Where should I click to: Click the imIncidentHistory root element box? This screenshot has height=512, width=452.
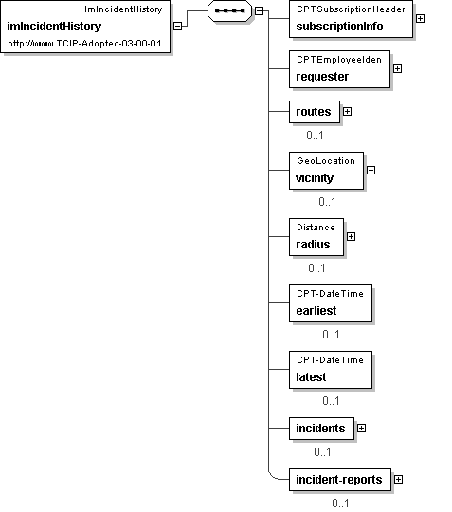(x=85, y=27)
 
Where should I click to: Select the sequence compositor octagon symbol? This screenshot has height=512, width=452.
(x=229, y=10)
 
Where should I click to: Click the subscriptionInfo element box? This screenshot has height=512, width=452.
(x=351, y=19)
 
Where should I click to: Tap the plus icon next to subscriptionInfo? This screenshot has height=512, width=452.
(x=421, y=19)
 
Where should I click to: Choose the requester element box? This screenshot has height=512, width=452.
(x=339, y=69)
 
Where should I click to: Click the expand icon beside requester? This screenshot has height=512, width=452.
(x=397, y=69)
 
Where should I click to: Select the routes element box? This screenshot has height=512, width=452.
(x=315, y=112)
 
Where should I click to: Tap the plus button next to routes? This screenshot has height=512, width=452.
(x=347, y=112)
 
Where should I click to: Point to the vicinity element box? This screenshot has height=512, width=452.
(x=326, y=171)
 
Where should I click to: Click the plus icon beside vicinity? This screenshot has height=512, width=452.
(x=371, y=171)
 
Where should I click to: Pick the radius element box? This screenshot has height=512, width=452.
(x=316, y=237)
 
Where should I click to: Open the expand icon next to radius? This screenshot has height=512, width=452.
(x=352, y=237)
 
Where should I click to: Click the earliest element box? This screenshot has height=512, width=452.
(x=331, y=303)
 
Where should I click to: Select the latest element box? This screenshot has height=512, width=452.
(x=331, y=370)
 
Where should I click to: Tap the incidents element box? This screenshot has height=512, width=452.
(x=321, y=429)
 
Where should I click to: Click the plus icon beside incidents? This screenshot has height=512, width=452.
(x=362, y=429)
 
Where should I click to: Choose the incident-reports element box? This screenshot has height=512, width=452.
(x=340, y=480)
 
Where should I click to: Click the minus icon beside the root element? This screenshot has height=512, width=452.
(x=177, y=27)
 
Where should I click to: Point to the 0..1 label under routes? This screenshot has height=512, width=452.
(x=315, y=136)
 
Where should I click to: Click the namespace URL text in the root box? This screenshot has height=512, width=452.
(x=84, y=44)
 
